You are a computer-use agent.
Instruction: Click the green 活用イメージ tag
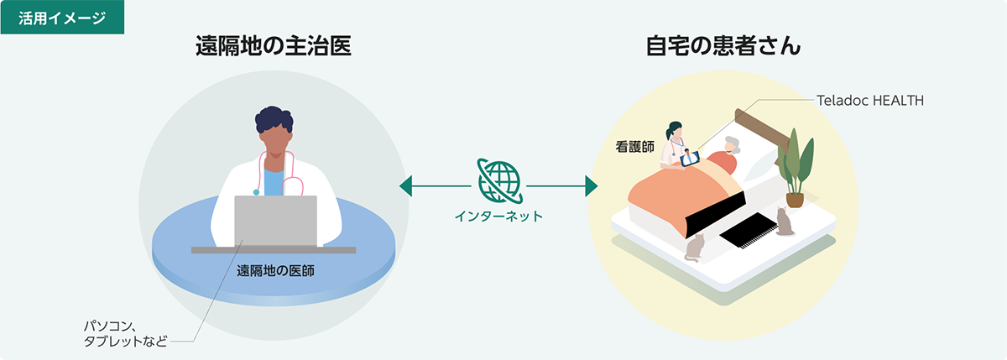click(62, 17)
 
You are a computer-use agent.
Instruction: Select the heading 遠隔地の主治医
click(274, 46)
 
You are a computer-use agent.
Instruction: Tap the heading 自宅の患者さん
click(723, 46)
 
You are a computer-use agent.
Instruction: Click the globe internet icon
click(499, 180)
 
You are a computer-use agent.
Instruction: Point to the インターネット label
click(499, 217)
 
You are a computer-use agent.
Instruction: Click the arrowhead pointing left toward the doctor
click(405, 186)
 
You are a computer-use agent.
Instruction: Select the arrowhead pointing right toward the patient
click(592, 186)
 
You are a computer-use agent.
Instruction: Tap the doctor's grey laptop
click(275, 222)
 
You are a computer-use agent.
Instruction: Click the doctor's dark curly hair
click(274, 119)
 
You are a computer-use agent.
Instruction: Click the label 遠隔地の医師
click(275, 270)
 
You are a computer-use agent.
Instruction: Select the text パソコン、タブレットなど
click(125, 333)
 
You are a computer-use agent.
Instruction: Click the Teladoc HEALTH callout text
click(870, 100)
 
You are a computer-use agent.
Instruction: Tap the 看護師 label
click(634, 147)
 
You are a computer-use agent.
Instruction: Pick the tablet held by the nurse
click(690, 159)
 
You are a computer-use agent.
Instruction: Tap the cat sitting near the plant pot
click(785, 222)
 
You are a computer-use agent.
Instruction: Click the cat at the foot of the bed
click(695, 248)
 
